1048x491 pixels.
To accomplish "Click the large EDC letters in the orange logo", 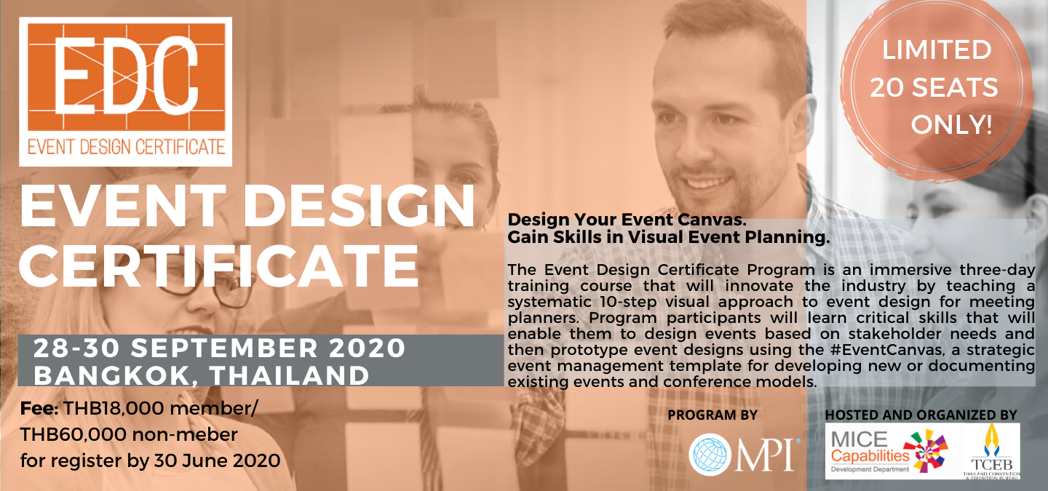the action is (x=126, y=76).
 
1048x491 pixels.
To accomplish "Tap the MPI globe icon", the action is (x=710, y=455).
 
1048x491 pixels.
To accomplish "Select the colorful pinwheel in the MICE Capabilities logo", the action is (x=926, y=451).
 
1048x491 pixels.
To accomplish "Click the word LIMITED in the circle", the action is (x=937, y=50).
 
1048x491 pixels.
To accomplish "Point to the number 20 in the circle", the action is (x=887, y=87).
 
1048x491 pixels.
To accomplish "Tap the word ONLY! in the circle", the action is (x=952, y=125).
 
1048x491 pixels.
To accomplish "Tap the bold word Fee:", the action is (x=39, y=409).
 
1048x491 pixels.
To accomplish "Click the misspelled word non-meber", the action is (x=185, y=435).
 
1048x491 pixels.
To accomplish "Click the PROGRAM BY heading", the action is (x=712, y=415).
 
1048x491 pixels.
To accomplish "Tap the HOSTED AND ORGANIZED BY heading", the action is (x=921, y=415).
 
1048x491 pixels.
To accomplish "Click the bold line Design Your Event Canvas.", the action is (x=627, y=220).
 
